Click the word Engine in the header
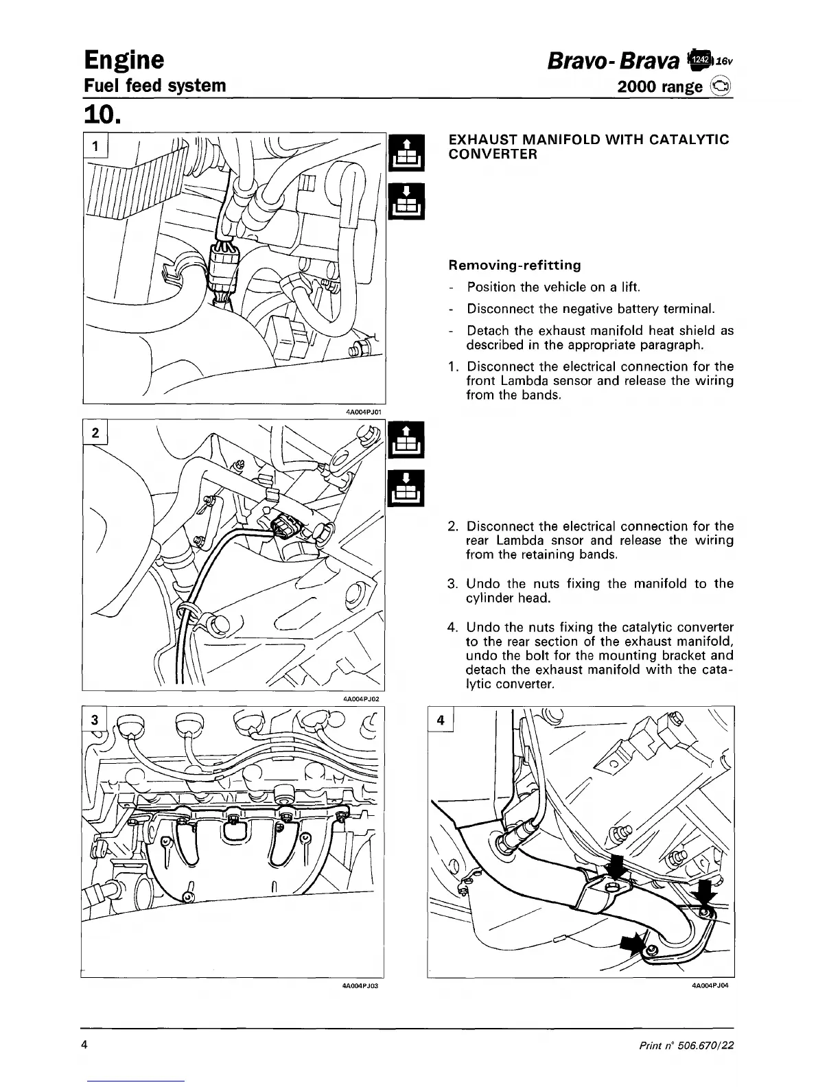[x=124, y=60]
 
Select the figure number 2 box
[x=96, y=433]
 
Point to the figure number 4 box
[x=441, y=720]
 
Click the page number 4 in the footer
[x=84, y=1045]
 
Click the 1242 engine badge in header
[x=699, y=60]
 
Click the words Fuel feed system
[x=154, y=86]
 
